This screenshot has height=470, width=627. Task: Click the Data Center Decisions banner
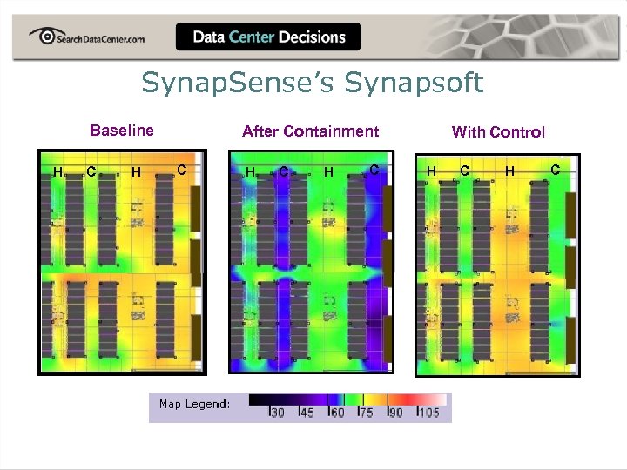pyautogui.click(x=268, y=37)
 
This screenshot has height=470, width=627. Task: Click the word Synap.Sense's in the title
pyautogui.click(x=238, y=84)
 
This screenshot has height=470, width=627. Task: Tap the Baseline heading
pyautogui.click(x=122, y=131)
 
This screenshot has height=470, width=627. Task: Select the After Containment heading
pyautogui.click(x=310, y=131)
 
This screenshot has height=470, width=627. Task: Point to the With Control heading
pyautogui.click(x=498, y=132)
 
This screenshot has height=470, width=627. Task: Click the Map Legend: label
pyautogui.click(x=194, y=404)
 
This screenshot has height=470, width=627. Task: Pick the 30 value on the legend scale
pyautogui.click(x=278, y=413)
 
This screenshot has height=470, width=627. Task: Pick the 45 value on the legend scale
pyautogui.click(x=307, y=413)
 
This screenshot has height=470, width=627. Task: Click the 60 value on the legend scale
pyautogui.click(x=337, y=413)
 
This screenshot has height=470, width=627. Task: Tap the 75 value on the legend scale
pyautogui.click(x=366, y=413)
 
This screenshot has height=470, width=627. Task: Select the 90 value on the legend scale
pyautogui.click(x=395, y=413)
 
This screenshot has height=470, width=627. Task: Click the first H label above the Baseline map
pyautogui.click(x=57, y=172)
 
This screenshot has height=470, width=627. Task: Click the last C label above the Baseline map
pyautogui.click(x=182, y=169)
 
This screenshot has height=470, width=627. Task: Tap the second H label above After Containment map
pyautogui.click(x=328, y=172)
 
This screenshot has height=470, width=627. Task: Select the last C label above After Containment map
pyautogui.click(x=374, y=169)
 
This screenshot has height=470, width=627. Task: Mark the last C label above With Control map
pyautogui.click(x=556, y=169)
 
